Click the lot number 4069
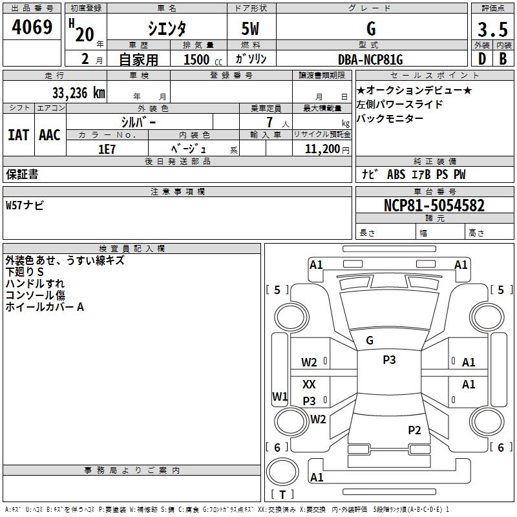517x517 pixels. point(32,26)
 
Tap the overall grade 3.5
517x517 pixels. point(492,29)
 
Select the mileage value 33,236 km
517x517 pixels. point(78,92)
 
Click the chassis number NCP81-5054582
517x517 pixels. point(434,206)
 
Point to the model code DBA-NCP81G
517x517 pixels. point(370,59)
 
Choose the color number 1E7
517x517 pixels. point(107,149)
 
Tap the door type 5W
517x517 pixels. point(250,28)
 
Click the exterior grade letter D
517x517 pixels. point(482,59)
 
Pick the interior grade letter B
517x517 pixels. point(503,59)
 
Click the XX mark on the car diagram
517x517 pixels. point(309,384)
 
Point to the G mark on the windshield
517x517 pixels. point(370,341)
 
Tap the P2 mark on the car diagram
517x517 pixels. point(414,430)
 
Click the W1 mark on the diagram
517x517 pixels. point(280,396)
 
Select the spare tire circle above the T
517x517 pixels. point(282,472)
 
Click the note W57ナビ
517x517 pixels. point(25,206)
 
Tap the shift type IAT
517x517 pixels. point(19,135)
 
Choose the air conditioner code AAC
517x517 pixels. point(50,135)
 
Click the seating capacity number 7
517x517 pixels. point(269,122)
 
